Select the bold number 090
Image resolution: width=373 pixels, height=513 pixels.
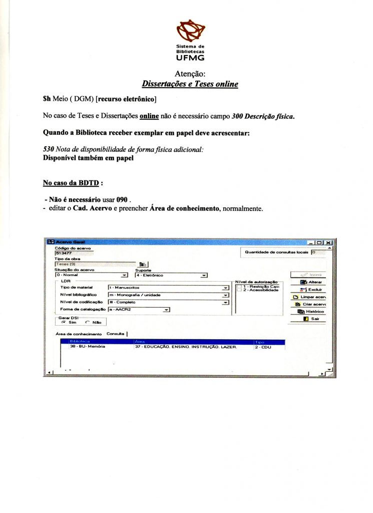pyautogui.click(x=122, y=199)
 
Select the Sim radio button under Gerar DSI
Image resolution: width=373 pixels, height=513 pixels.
pyautogui.click(x=64, y=323)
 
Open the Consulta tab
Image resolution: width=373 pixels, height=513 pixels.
pyautogui.click(x=116, y=334)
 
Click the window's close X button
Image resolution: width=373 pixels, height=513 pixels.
pyautogui.click(x=328, y=242)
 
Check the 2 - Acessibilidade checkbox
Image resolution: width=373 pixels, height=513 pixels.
pyautogui.click(x=239, y=290)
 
